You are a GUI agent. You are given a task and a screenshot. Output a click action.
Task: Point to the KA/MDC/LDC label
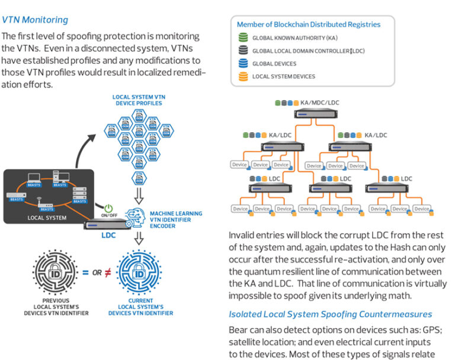point(320,103)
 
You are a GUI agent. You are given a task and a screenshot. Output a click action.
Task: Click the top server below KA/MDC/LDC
point(318,114)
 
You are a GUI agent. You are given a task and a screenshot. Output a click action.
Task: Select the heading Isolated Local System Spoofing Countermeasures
point(331,314)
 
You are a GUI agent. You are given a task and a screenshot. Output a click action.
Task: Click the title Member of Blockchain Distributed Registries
point(309,24)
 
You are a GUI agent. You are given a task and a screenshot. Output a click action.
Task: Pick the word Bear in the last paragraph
point(239,329)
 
